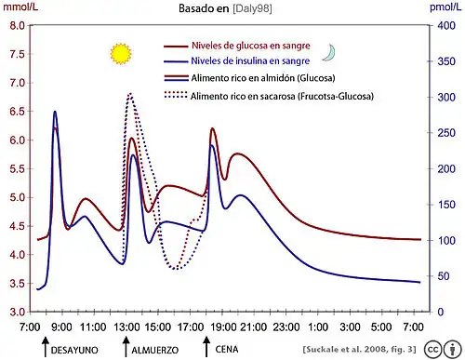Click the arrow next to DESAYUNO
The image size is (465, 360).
coord(44,348)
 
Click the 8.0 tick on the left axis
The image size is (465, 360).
coord(16,26)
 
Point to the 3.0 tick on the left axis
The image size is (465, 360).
coord(16,311)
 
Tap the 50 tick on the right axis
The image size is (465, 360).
coord(442,275)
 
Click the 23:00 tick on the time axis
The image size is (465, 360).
coord(286,327)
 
